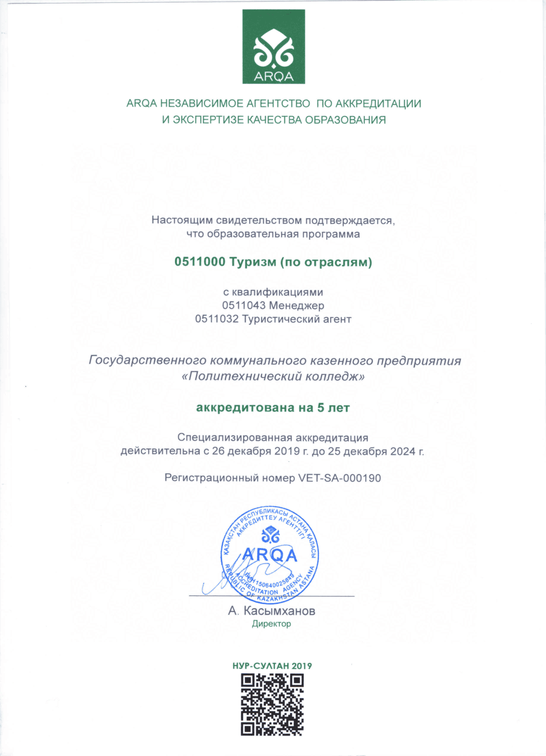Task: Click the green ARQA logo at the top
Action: (273, 47)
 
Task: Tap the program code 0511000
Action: (200, 262)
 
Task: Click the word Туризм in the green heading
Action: (253, 262)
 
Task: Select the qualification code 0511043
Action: (243, 305)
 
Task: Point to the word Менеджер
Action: (296, 305)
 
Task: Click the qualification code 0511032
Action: (216, 319)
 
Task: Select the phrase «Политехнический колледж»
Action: (273, 376)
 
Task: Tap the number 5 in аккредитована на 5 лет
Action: (321, 408)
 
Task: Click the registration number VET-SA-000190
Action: (340, 478)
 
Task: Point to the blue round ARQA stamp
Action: (270, 555)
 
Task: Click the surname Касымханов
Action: (279, 611)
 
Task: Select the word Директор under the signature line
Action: (271, 624)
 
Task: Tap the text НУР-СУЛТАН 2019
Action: (272, 666)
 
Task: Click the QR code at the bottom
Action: (272, 704)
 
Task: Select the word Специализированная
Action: (235, 438)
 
